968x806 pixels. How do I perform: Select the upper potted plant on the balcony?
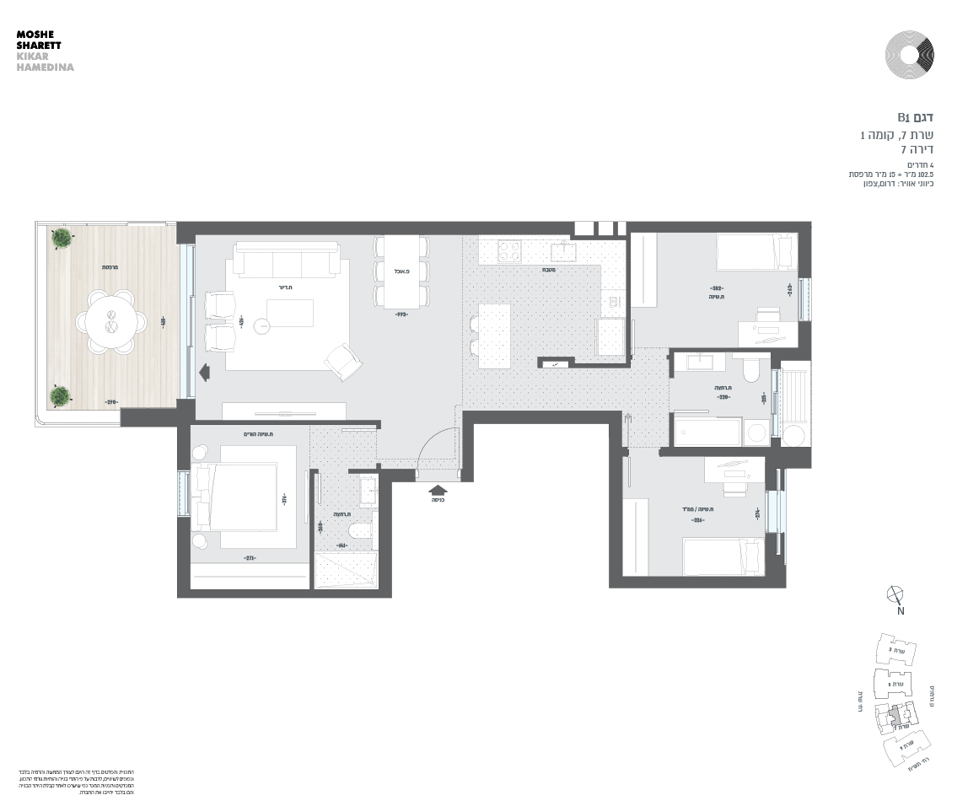61,239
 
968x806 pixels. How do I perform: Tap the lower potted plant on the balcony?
60,395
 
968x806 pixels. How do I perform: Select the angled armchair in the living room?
344,361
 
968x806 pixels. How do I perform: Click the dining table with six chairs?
401,271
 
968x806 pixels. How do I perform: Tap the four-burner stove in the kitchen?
509,251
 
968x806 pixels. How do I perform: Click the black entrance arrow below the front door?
438,488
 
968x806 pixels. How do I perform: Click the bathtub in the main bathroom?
707,430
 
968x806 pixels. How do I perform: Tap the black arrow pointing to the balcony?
203,371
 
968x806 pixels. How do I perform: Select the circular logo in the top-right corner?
909,55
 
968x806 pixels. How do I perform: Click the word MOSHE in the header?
34,35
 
